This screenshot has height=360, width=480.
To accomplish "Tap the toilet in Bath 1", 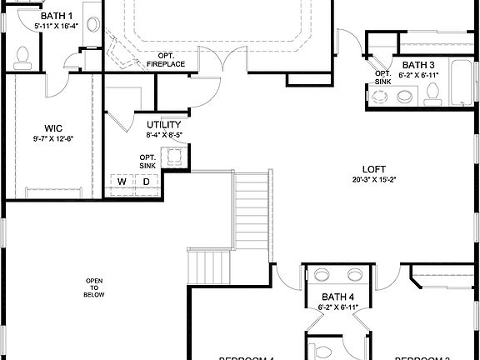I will click(23, 55).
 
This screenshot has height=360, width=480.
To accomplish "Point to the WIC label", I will click(54, 128).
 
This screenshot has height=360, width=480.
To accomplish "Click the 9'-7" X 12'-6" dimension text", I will click(53, 138).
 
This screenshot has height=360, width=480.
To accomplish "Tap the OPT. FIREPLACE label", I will click(165, 60).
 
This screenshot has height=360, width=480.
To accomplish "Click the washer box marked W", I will click(121, 182).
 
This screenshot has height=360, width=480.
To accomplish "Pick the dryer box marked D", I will click(145, 182).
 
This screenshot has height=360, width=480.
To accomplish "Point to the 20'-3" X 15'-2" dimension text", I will click(373, 177).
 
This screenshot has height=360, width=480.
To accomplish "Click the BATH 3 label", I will click(418, 65).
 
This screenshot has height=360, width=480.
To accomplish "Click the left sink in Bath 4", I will click(322, 275).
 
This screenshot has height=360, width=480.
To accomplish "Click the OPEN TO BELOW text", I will click(94, 287).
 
